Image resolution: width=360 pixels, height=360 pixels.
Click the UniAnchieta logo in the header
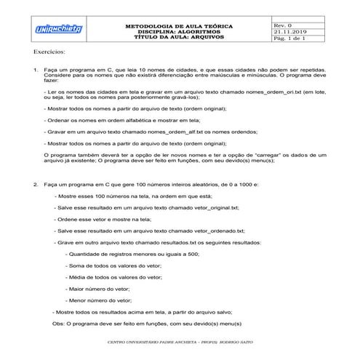59,29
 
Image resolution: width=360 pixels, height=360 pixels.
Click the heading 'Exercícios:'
49,53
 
